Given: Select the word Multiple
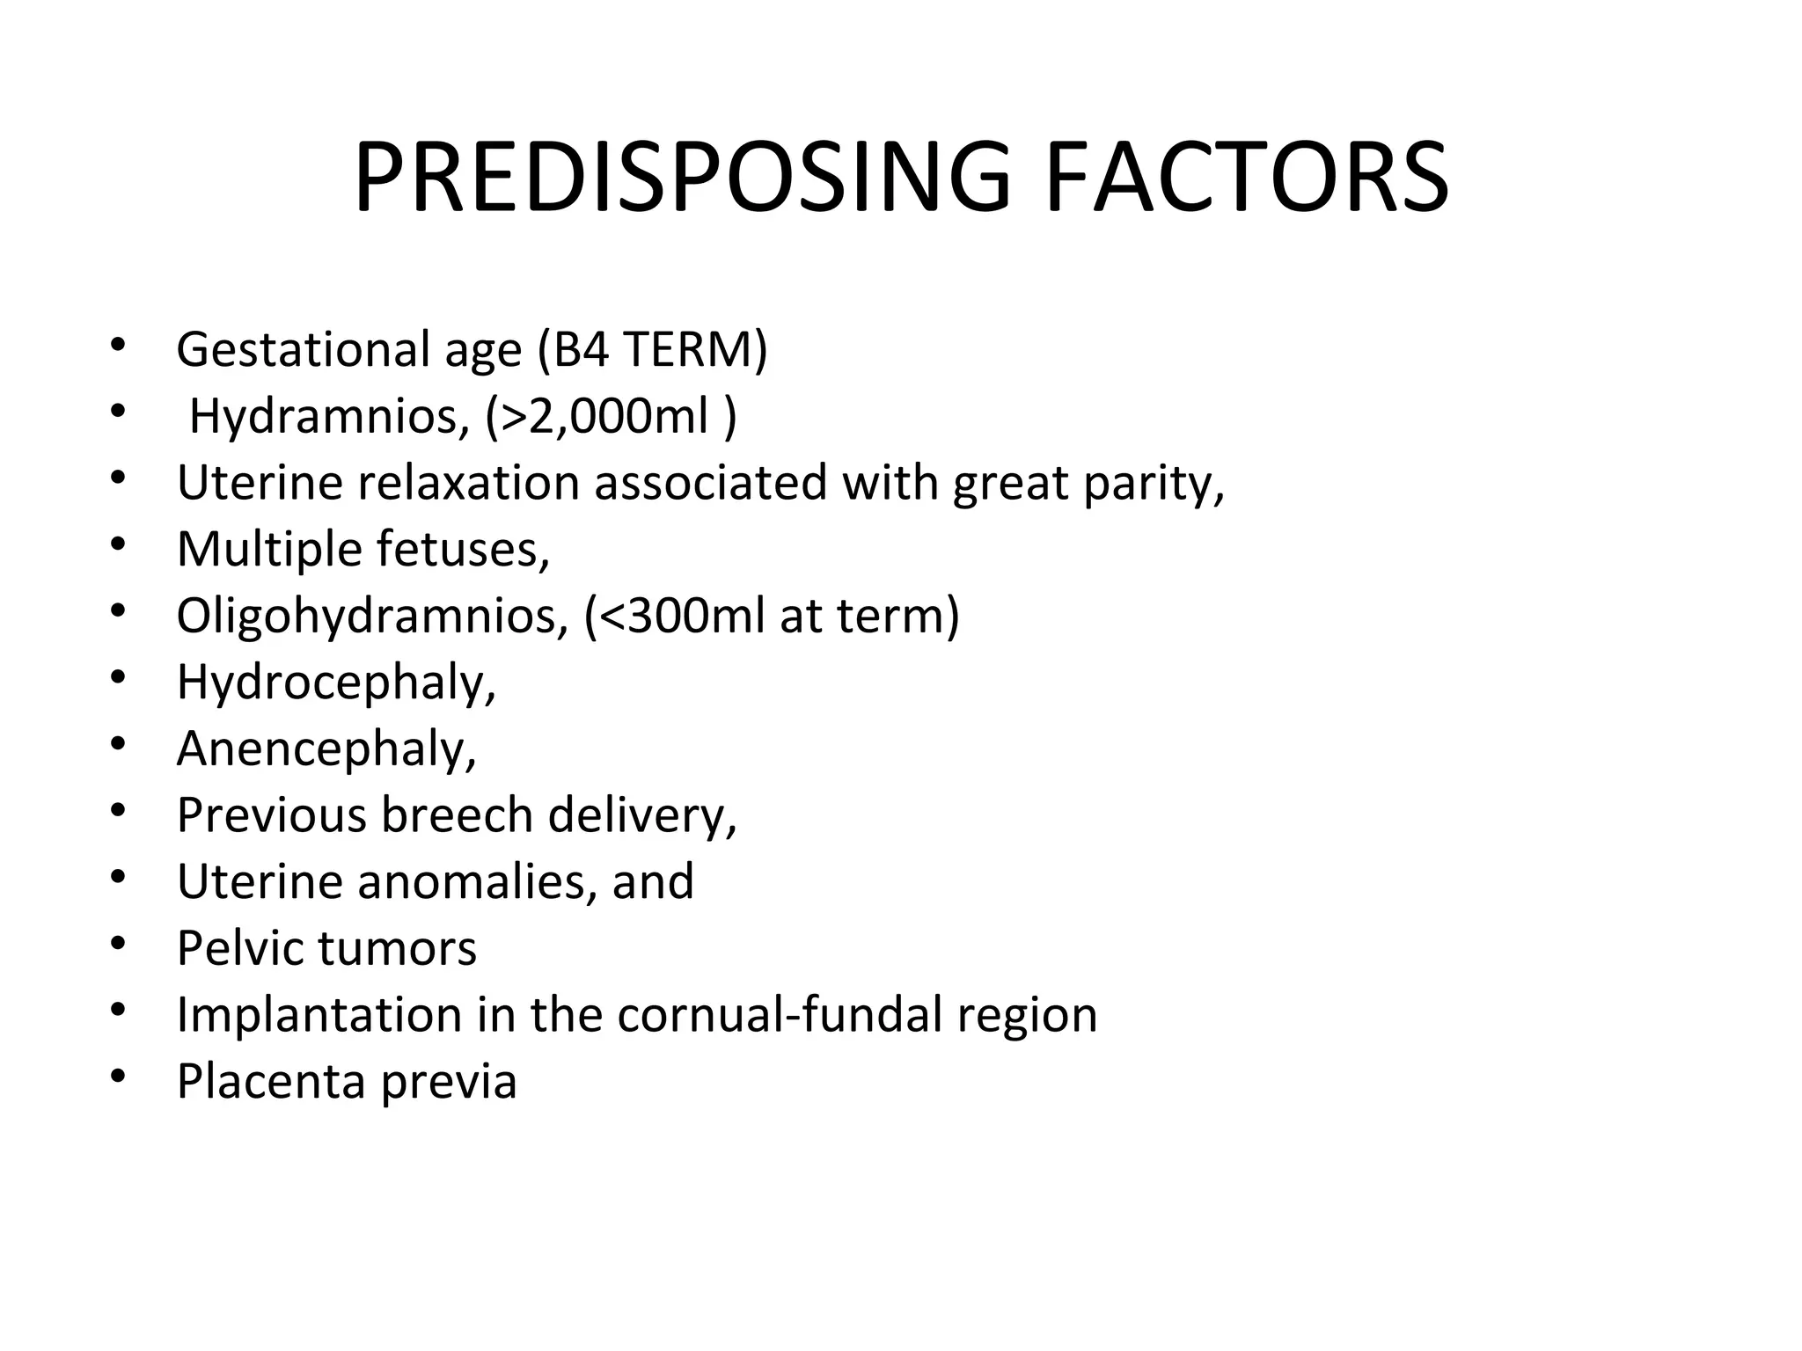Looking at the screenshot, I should coord(269,550).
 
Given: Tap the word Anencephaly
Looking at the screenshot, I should coord(326,749).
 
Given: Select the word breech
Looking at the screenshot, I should coord(457,815).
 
